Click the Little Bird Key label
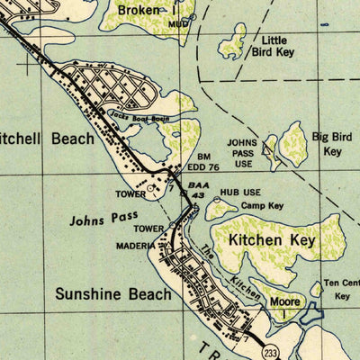click(273, 46)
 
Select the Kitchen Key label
click(271, 240)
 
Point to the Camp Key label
click(262, 206)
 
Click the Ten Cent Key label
click(342, 288)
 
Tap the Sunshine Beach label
click(112, 294)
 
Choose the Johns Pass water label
click(101, 219)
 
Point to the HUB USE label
click(240, 193)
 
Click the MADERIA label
click(135, 245)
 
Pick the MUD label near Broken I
click(178, 24)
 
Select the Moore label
click(285, 302)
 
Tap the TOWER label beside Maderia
click(148, 229)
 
